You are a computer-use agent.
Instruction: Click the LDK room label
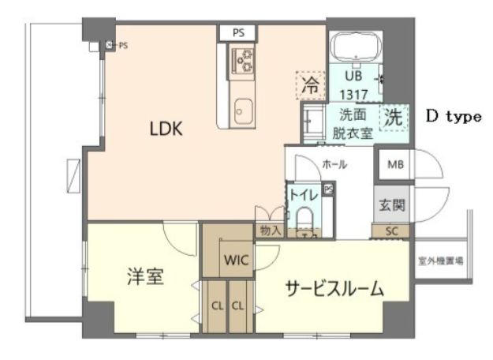point(166,129)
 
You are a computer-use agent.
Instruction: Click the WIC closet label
point(236,260)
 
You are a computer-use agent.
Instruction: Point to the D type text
point(454,116)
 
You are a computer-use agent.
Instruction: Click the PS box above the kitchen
point(238,32)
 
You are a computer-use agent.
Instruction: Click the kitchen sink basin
point(242,108)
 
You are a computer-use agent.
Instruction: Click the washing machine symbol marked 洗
point(394,118)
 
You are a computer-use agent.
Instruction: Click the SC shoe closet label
point(390,231)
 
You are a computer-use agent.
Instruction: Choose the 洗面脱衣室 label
point(351,123)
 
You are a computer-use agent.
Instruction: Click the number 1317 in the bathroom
point(351,91)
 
